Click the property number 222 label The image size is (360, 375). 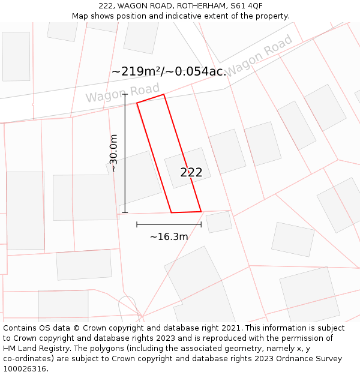pyautogui.click(x=191, y=172)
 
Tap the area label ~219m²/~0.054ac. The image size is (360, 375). pyautogui.click(x=169, y=71)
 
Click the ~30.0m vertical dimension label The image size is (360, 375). pyautogui.click(x=113, y=154)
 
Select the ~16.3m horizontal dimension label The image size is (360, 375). pyautogui.click(x=169, y=236)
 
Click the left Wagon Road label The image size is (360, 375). pyautogui.click(x=122, y=93)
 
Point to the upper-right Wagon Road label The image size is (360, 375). pyautogui.click(x=259, y=55)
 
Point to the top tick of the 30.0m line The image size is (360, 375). pyautogui.click(x=125, y=94)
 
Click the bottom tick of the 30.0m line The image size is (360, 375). pyautogui.click(x=125, y=212)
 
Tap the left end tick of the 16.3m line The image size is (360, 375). pyautogui.click(x=137, y=225)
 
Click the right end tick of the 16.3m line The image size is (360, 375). pyautogui.click(x=201, y=225)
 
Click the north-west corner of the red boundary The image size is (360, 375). pyautogui.click(x=137, y=103)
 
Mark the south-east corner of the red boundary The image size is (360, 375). pyautogui.click(x=201, y=211)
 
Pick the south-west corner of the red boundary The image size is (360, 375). pyautogui.click(x=172, y=212)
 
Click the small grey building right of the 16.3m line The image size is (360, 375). pyautogui.click(x=219, y=222)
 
